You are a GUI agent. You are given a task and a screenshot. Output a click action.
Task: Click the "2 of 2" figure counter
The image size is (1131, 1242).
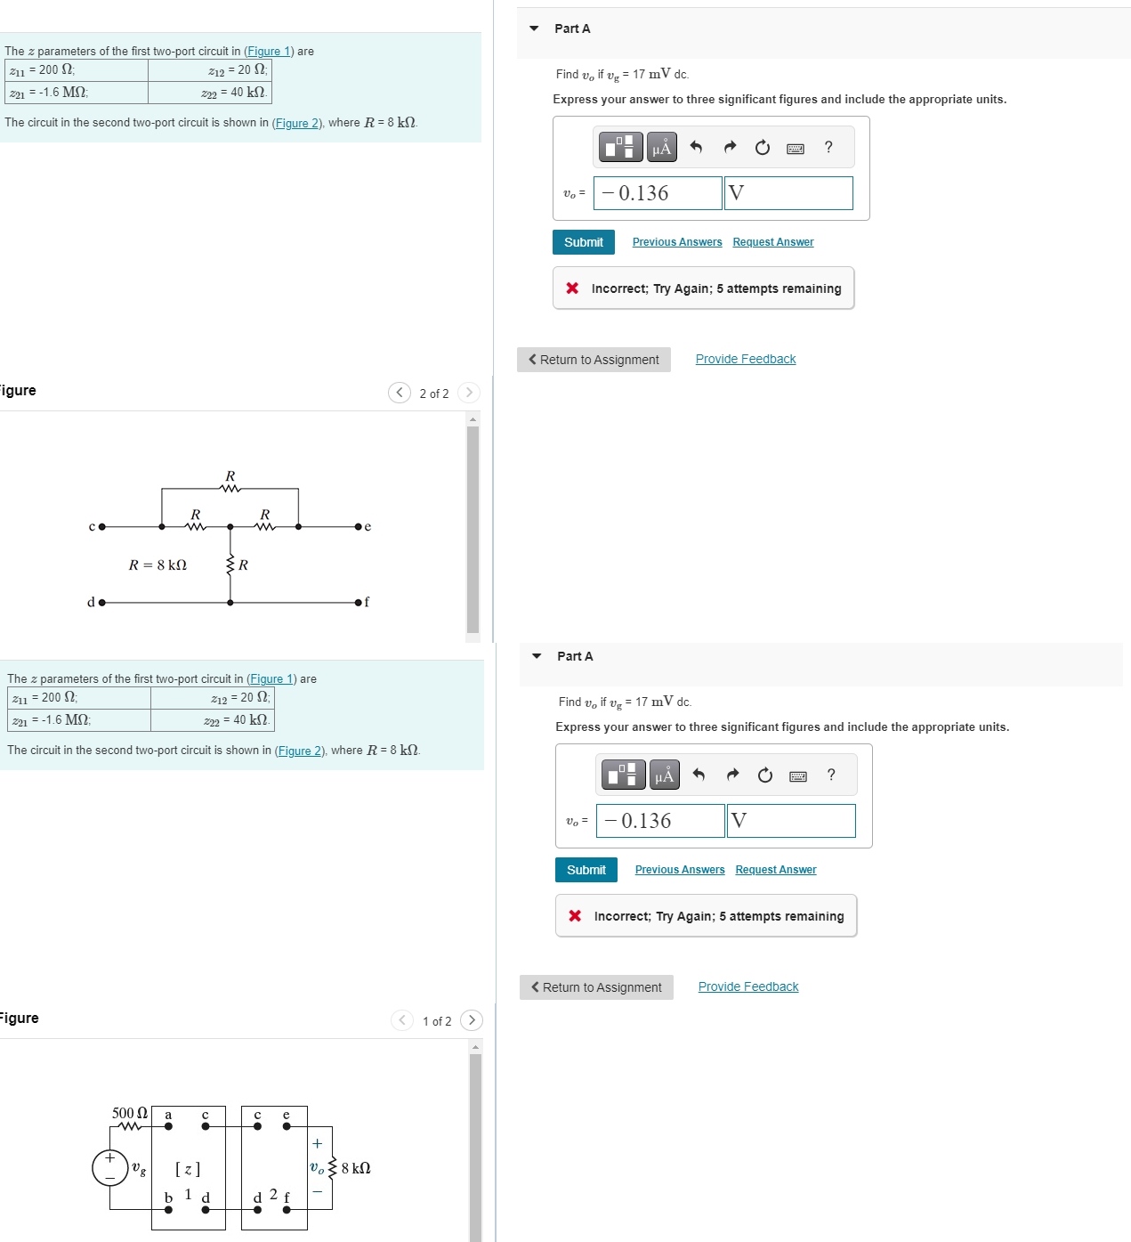tap(434, 394)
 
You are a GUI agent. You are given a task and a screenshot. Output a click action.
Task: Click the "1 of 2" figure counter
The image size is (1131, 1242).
tap(437, 1021)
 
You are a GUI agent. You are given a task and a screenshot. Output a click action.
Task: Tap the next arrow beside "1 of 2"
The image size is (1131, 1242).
tap(472, 1020)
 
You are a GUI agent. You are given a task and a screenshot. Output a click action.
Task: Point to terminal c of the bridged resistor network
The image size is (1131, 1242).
tap(101, 526)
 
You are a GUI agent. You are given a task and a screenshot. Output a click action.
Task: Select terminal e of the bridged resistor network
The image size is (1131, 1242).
tap(359, 526)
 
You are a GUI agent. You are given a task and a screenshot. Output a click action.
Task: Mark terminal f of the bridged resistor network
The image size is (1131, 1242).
tap(359, 603)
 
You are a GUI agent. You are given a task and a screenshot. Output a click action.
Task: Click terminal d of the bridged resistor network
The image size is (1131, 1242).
tap(101, 603)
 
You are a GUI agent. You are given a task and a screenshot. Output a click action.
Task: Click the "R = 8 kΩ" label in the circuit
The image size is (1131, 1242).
tap(158, 565)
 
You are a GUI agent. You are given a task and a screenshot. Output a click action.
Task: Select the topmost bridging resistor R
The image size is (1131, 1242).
tap(230, 487)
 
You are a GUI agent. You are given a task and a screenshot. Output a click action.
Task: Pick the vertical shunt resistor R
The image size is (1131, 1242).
tap(230, 564)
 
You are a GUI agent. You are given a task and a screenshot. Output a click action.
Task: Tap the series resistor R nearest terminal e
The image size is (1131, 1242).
tap(265, 525)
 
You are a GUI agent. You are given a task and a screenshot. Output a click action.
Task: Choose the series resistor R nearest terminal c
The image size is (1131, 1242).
tap(196, 525)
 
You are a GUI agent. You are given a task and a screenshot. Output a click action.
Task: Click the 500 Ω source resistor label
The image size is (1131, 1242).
tap(130, 1114)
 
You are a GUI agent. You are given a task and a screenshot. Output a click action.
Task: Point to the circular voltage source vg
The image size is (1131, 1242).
tap(110, 1168)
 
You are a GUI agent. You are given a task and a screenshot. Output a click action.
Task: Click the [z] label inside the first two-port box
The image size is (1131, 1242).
tap(188, 1169)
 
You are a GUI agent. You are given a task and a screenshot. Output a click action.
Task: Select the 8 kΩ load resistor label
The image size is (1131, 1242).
tap(356, 1168)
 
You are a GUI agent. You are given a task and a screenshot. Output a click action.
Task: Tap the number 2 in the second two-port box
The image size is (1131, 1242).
tap(273, 1194)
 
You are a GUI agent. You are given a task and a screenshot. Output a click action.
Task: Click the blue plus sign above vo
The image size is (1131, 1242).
tap(317, 1144)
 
